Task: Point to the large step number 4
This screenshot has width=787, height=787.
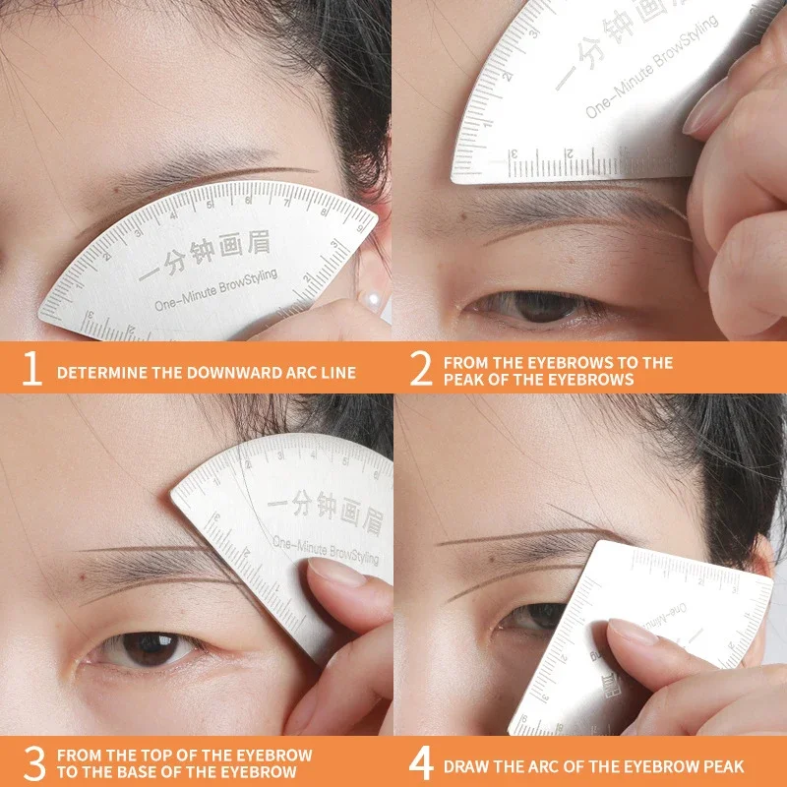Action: coord(421,762)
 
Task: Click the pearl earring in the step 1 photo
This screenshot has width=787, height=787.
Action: coord(375,293)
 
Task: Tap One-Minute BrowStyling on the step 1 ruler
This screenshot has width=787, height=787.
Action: coord(215,290)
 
